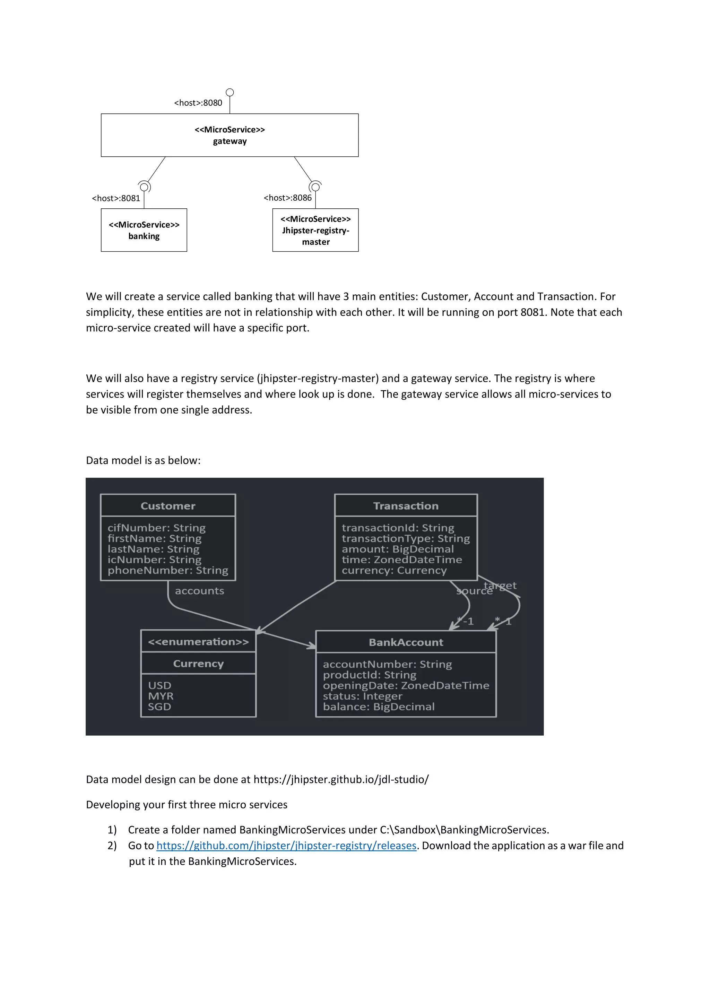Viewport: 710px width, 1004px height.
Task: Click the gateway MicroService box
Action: pyautogui.click(x=230, y=135)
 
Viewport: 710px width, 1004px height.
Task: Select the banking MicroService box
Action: pyautogui.click(x=144, y=230)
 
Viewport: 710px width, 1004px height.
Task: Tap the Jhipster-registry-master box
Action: pyautogui.click(x=315, y=230)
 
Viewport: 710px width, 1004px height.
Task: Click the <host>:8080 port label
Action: pyautogui.click(x=198, y=103)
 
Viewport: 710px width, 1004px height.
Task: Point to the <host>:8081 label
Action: pyautogui.click(x=116, y=198)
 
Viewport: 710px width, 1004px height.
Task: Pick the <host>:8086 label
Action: pyautogui.click(x=288, y=198)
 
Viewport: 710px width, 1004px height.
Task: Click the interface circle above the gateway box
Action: pyautogui.click(x=230, y=92)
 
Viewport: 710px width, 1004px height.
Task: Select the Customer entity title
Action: pyautogui.click(x=168, y=506)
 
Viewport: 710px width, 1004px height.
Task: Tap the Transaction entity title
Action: pyautogui.click(x=406, y=506)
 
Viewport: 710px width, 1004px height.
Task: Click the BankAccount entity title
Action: pyautogui.click(x=406, y=642)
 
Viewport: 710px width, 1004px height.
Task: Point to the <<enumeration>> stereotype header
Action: pyautogui.click(x=198, y=641)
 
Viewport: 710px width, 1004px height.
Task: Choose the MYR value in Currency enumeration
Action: pyautogui.click(x=161, y=696)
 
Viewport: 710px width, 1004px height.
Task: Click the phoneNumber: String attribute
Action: pyautogui.click(x=168, y=570)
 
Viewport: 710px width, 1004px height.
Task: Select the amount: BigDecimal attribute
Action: pyautogui.click(x=397, y=549)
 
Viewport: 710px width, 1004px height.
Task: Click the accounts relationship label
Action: pyautogui.click(x=199, y=591)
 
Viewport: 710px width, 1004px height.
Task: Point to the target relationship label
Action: pyautogui.click(x=500, y=585)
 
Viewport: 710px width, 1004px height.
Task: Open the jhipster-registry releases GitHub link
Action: pyautogui.click(x=286, y=845)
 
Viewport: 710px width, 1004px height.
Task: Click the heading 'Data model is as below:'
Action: pyautogui.click(x=143, y=460)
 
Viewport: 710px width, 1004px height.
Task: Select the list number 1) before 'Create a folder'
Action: pyautogui.click(x=112, y=830)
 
